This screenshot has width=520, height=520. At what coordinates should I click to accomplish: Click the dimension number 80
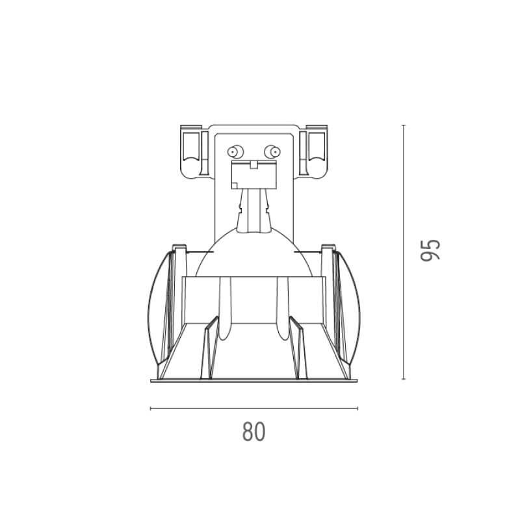pos(253,431)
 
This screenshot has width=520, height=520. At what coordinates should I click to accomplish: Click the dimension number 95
pos(430,250)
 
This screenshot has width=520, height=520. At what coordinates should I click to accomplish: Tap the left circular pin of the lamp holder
pos(235,152)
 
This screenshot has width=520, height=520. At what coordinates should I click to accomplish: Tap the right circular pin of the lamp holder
pos(272,152)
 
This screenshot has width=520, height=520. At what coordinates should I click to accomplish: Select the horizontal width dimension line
pos(253,408)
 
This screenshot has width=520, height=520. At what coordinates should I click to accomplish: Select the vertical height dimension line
pos(403,252)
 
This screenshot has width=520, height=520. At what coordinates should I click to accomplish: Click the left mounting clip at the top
pos(194,151)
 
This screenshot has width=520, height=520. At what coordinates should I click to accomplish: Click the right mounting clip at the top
pos(313,151)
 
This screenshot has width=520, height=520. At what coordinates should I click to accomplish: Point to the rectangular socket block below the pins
pos(254,175)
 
